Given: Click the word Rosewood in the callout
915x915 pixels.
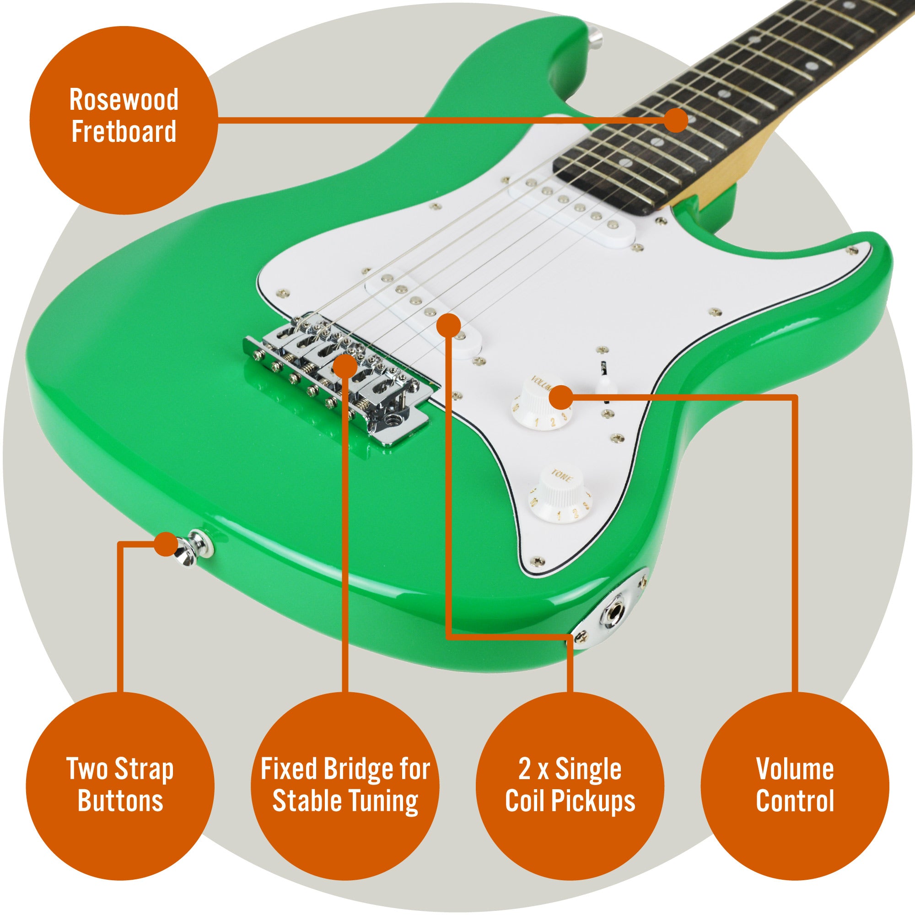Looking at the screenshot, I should (x=124, y=100).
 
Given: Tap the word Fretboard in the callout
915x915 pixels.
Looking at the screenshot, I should (x=124, y=131).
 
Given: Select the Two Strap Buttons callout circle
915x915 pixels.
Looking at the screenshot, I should (x=120, y=786).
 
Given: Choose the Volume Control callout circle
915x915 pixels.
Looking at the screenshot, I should (x=795, y=786).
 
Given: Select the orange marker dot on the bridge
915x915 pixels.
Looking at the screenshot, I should (x=344, y=367).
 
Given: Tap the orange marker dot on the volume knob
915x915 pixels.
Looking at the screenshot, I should (x=562, y=398).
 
